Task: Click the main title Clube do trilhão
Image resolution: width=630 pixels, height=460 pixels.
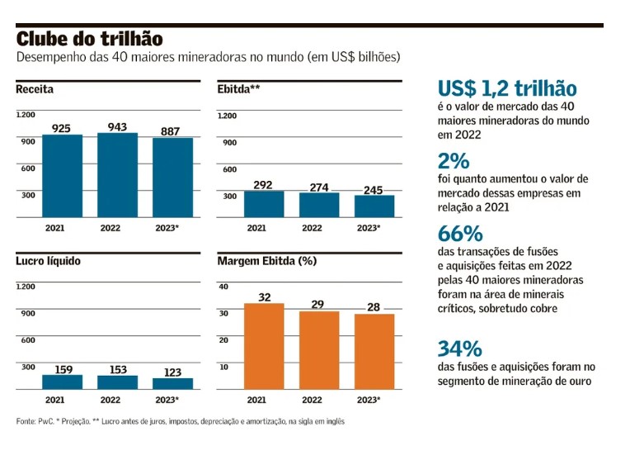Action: click(90, 39)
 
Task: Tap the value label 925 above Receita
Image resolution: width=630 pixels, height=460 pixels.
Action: click(62, 128)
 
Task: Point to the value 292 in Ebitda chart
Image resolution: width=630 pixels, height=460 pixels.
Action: click(263, 185)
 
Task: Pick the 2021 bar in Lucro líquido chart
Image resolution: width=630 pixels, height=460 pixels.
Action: click(62, 382)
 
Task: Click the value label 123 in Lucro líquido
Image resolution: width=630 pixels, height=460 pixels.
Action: click(172, 372)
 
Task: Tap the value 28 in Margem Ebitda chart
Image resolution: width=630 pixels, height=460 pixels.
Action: click(374, 307)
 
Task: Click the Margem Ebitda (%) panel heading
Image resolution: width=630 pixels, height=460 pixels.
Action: click(266, 261)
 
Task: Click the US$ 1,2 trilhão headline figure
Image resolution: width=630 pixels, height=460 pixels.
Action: click(506, 89)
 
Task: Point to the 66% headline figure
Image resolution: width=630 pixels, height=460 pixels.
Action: click(459, 234)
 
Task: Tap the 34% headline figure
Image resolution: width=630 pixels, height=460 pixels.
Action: click(459, 349)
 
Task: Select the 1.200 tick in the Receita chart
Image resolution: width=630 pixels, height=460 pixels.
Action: click(26, 116)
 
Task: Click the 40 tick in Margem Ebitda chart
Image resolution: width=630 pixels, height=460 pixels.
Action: click(222, 286)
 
